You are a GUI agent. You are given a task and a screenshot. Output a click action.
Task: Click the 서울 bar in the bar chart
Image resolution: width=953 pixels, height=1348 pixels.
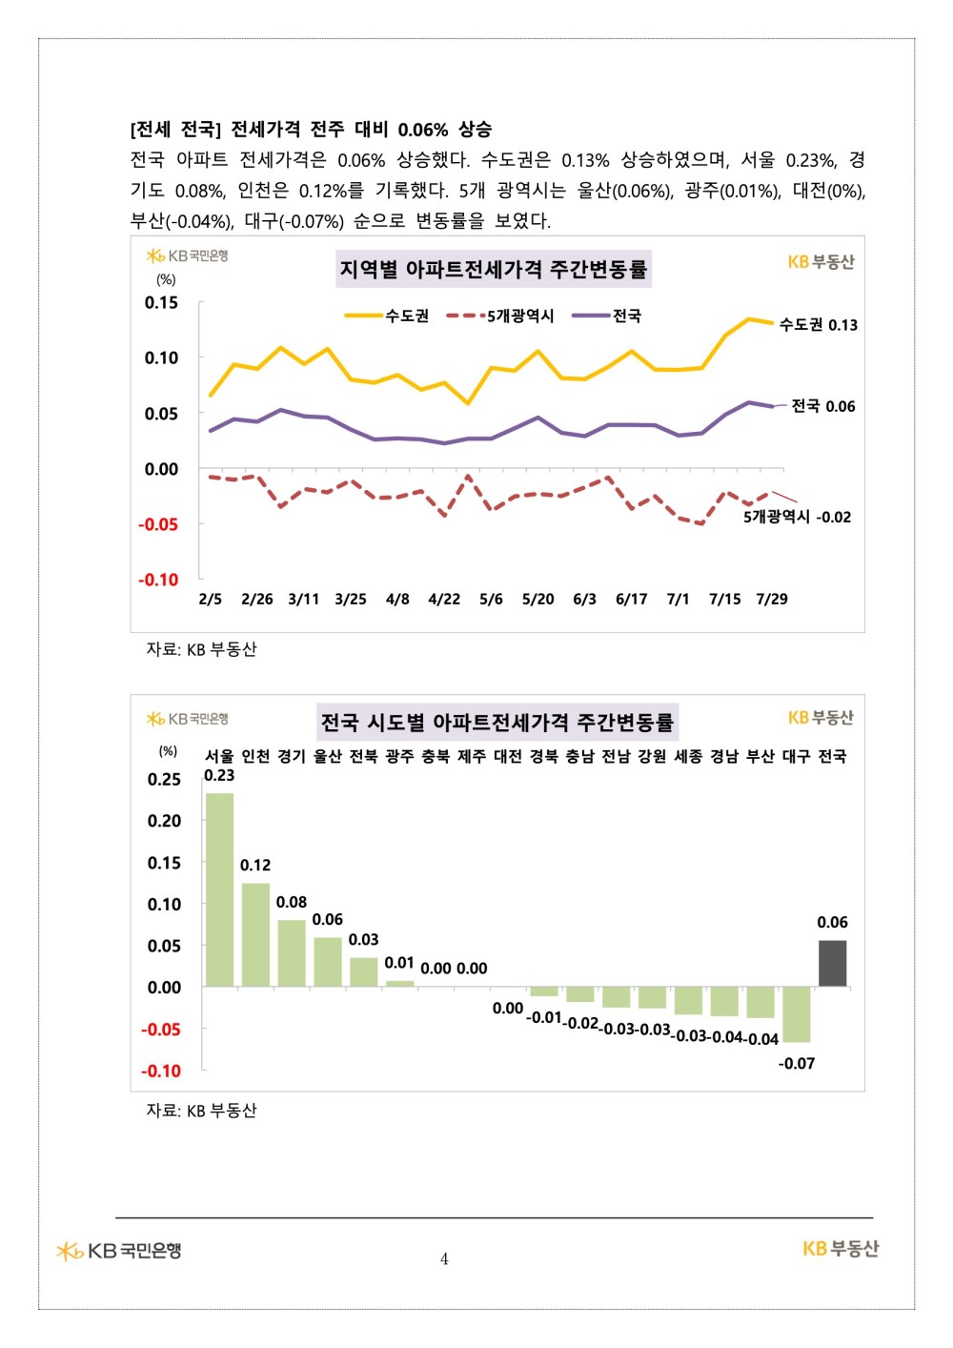[x=219, y=889]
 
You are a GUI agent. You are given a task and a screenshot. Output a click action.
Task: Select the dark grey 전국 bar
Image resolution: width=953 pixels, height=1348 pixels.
[x=832, y=963]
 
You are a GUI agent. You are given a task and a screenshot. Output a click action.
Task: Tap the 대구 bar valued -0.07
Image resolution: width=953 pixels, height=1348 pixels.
[x=796, y=1014]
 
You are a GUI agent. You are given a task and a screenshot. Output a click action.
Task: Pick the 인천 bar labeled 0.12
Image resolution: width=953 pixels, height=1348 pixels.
[x=255, y=934]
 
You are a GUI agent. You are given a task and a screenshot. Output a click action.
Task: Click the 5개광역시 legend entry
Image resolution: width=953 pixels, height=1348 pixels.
[x=500, y=316]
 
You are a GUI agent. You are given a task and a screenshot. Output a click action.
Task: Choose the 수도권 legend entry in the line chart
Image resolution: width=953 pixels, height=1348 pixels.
[x=387, y=316]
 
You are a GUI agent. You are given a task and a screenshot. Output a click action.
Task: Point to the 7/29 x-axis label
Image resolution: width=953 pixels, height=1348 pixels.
[x=772, y=599]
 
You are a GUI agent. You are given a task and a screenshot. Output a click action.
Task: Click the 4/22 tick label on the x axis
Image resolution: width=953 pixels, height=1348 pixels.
[x=444, y=599]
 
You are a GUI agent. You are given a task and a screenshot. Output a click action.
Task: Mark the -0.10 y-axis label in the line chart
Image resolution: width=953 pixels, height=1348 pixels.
[x=158, y=581]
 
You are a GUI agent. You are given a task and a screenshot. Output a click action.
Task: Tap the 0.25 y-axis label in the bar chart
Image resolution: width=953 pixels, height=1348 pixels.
[x=164, y=779]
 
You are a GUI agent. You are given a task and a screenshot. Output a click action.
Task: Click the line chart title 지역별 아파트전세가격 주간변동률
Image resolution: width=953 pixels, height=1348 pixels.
[x=494, y=269]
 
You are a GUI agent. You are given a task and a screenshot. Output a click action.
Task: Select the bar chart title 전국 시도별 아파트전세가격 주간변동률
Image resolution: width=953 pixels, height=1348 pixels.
[x=497, y=722]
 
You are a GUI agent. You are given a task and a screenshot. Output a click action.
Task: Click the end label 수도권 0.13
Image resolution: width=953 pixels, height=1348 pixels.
[x=819, y=325]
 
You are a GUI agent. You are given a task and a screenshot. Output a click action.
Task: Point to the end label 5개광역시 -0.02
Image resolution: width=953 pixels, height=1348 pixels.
[x=797, y=517]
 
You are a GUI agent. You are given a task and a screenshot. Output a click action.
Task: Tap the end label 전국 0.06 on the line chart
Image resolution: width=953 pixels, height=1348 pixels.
[x=823, y=406]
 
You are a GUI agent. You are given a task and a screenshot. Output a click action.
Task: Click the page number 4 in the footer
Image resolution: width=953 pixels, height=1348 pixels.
[x=444, y=1259]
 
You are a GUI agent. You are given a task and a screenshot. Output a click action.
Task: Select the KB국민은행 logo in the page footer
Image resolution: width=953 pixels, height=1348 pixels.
[x=118, y=1251]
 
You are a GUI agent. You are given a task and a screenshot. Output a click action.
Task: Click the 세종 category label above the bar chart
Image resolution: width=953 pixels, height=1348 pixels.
[x=688, y=756]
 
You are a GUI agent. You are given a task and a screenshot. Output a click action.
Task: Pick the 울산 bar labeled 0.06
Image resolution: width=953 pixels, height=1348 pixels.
[x=328, y=962]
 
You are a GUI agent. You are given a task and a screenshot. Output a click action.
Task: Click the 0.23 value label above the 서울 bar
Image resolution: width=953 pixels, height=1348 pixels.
[x=219, y=776]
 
